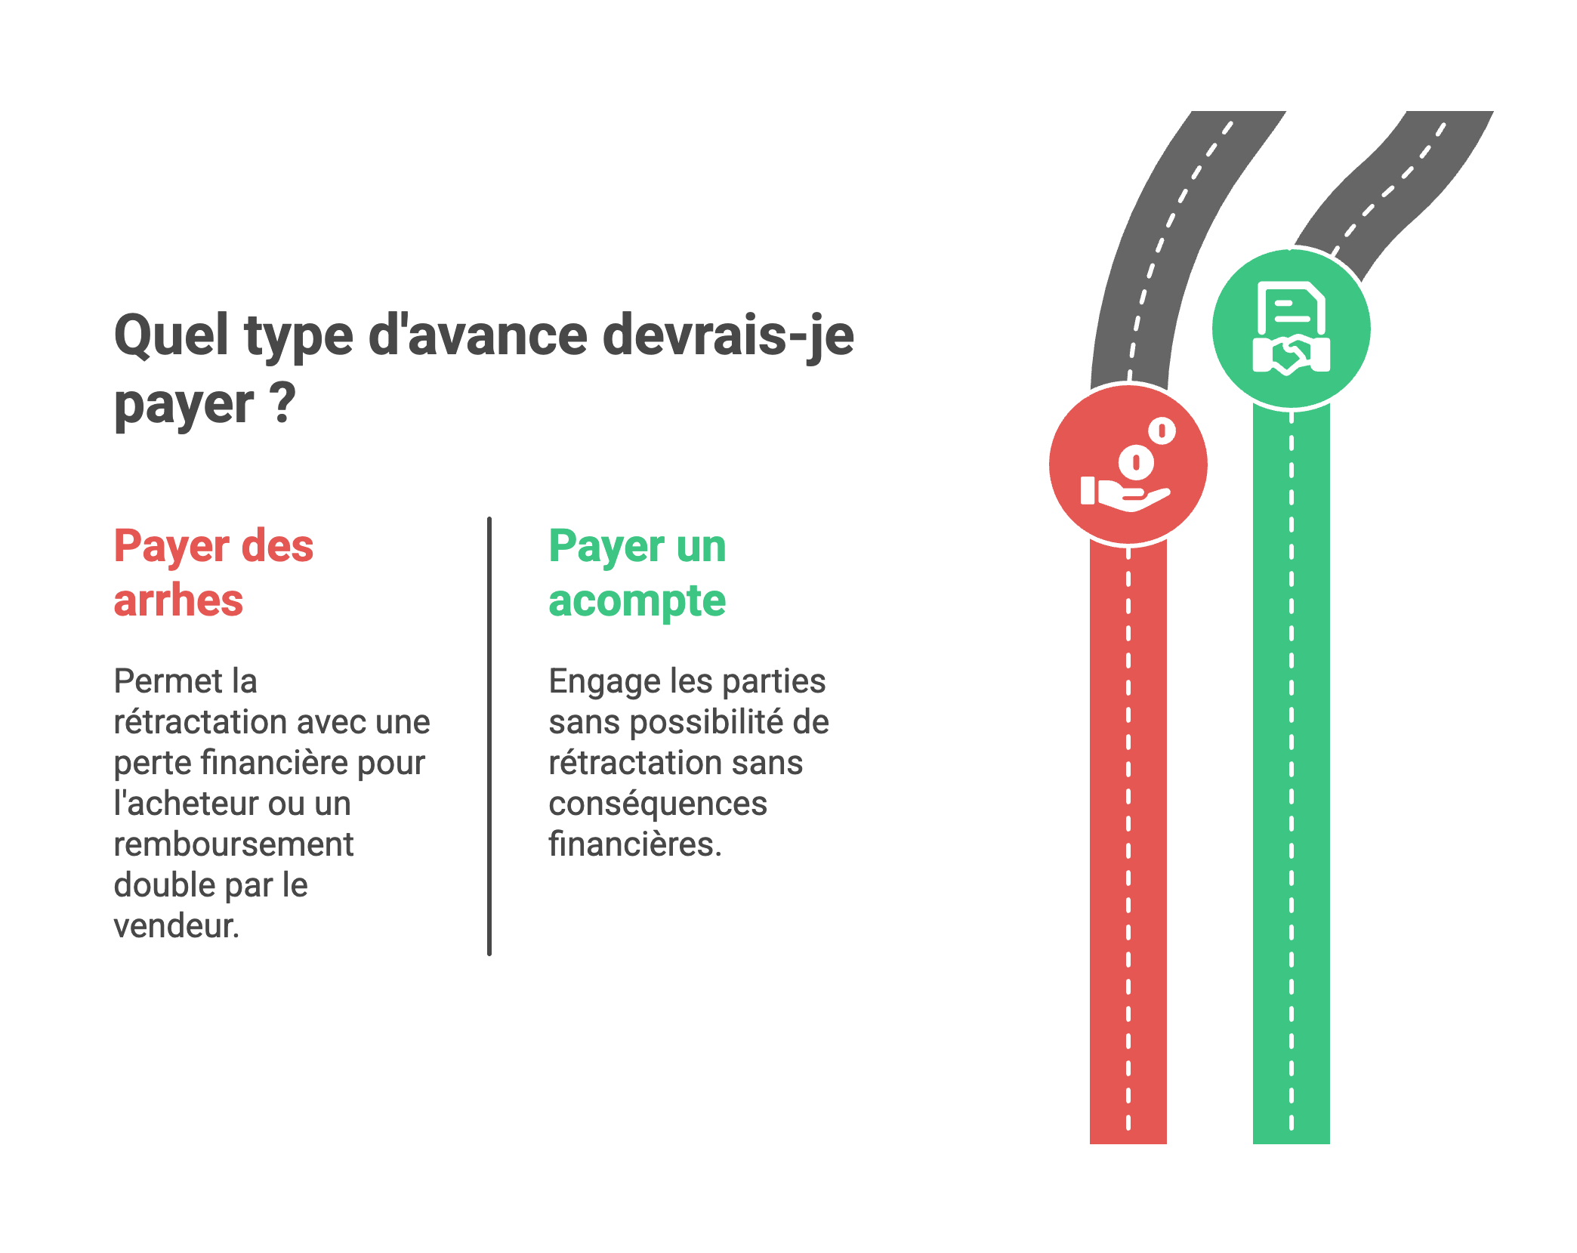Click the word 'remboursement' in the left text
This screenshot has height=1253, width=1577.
coord(233,844)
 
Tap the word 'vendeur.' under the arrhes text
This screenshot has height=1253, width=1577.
coord(176,926)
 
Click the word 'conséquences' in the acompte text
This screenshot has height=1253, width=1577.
coord(657,804)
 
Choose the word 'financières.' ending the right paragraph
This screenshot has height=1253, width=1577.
coord(634,844)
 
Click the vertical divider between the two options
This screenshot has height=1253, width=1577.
coord(489,736)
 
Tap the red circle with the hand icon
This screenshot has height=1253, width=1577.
coord(1128,464)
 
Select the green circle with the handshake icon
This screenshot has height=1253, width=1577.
coord(1291,329)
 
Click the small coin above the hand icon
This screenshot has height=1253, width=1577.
coord(1162,431)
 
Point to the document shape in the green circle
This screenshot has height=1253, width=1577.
coord(1291,306)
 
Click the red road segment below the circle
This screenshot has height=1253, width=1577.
coord(1128,831)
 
